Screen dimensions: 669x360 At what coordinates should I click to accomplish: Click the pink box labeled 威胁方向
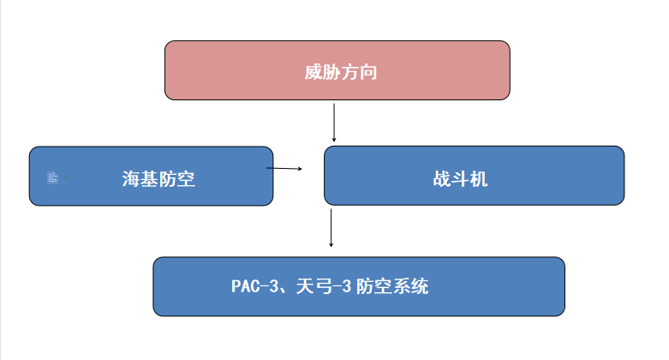coord(337,70)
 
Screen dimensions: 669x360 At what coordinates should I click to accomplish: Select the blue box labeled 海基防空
coord(151,176)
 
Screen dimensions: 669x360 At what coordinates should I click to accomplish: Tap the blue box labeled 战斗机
coord(474,176)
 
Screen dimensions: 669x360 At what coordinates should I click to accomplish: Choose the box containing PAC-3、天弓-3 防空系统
coord(359,286)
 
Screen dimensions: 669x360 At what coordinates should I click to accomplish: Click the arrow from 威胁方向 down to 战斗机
coord(334,123)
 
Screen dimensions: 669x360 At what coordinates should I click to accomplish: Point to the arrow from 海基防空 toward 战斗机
coord(284,168)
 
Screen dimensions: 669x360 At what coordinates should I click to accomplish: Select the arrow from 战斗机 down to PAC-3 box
coord(332,228)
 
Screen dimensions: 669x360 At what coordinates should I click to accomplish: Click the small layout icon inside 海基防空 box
coord(52,177)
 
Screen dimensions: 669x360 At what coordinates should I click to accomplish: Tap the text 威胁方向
coord(341,72)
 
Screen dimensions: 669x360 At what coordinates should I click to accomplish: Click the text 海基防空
coord(158,178)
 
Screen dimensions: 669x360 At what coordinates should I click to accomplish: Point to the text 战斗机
coord(460,178)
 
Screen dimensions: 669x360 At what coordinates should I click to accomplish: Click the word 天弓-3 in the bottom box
coord(324,286)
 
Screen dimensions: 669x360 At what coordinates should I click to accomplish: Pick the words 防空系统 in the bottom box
coord(392,286)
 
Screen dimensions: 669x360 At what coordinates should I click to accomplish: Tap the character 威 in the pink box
coord(314,72)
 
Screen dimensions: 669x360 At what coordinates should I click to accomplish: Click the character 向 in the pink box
coord(368,72)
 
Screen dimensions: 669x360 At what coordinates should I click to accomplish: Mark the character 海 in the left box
coord(131,178)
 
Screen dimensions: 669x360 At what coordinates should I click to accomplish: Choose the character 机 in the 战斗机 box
coord(479,178)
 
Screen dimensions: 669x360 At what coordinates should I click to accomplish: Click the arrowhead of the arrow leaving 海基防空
coord(301,169)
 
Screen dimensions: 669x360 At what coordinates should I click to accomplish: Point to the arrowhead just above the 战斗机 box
coord(334,139)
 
